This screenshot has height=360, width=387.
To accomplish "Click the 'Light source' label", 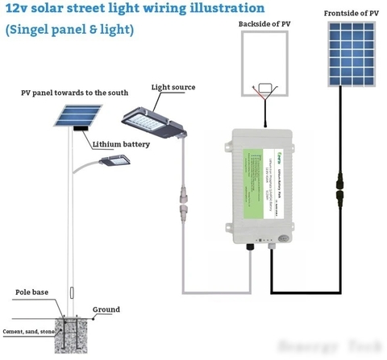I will [x=173, y=87].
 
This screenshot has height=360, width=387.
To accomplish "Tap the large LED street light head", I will [x=153, y=118].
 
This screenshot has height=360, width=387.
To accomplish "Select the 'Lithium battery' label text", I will [x=123, y=146].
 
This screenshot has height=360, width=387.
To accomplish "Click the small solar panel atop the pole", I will [x=73, y=114].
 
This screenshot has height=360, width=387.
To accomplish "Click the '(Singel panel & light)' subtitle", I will [x=69, y=30].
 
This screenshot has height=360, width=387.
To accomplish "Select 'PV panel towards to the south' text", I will [x=74, y=93].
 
